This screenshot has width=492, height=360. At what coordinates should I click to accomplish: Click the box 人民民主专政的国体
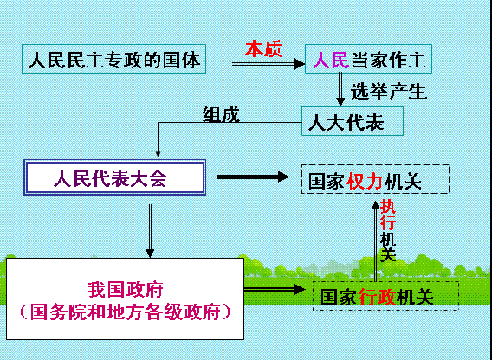(113, 59)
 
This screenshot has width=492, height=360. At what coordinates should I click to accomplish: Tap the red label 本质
(263, 49)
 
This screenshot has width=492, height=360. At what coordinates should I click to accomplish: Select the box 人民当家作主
(368, 59)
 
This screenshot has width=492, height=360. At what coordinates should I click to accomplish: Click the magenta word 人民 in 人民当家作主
(331, 60)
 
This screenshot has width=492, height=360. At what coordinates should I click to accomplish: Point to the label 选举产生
(388, 91)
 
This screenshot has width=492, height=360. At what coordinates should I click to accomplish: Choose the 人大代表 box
(353, 121)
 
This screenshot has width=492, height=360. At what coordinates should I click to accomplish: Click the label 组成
(221, 114)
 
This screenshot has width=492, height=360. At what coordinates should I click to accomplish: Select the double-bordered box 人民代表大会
(115, 177)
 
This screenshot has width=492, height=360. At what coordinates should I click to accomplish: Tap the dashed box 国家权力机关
(375, 179)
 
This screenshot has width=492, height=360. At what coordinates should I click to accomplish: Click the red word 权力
(365, 181)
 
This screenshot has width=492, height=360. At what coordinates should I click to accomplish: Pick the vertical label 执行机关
(388, 230)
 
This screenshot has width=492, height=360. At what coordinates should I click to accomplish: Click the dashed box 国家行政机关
(386, 296)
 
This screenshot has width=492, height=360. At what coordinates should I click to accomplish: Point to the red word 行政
(377, 298)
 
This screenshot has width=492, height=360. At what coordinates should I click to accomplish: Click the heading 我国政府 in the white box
(126, 289)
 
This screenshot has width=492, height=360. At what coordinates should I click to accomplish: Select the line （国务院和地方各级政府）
(126, 312)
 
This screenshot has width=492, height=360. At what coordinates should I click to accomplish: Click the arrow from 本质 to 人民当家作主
(269, 64)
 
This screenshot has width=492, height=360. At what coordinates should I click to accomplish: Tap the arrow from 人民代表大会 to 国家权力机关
(253, 177)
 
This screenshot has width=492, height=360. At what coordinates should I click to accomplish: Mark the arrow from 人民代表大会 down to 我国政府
(150, 231)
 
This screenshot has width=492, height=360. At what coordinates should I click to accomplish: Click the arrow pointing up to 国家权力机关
(375, 241)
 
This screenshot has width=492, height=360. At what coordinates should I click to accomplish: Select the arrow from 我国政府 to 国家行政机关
(275, 289)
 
